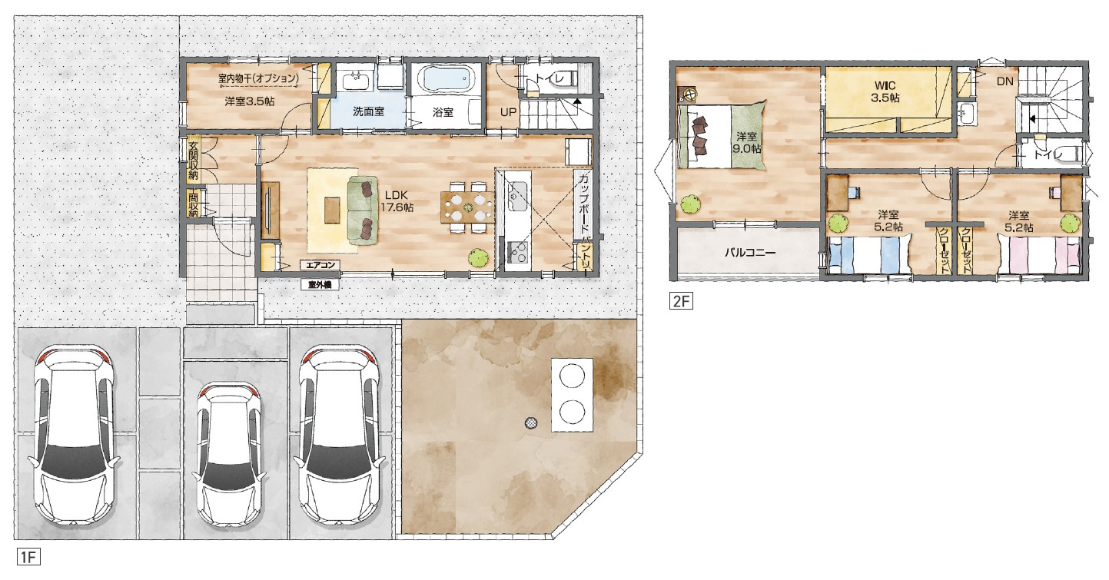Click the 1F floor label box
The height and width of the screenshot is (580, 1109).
[x=28, y=557]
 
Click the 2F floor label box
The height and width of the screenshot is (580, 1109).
[x=681, y=301]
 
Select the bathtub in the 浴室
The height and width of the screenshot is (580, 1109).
[x=446, y=78]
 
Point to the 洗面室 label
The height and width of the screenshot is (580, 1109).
[x=368, y=112]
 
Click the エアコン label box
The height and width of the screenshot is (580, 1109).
[x=320, y=265]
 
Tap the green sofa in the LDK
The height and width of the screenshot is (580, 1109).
[x=364, y=210]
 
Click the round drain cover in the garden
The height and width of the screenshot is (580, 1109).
[x=532, y=423]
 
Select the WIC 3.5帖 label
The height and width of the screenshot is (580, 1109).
[x=885, y=92]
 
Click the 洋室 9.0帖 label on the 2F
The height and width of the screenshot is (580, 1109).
[x=746, y=143]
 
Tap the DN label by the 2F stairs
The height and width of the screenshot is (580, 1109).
[x=1005, y=81]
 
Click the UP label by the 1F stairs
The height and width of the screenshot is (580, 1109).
[x=508, y=112]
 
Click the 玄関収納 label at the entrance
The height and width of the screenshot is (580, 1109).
[x=193, y=161]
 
